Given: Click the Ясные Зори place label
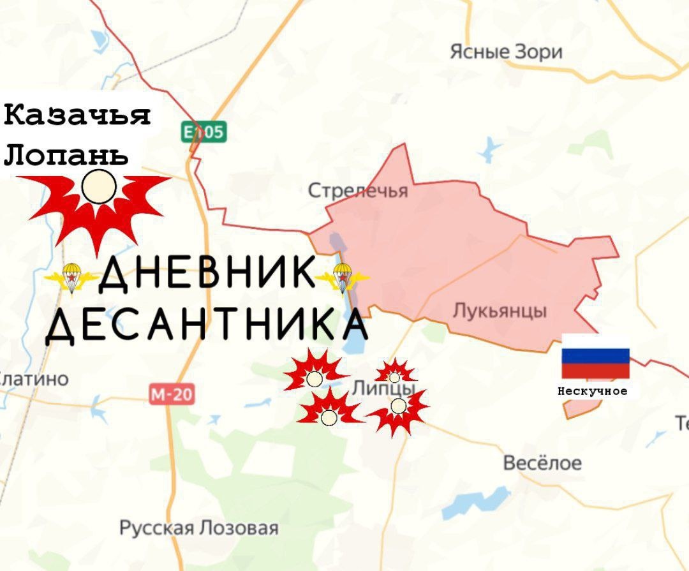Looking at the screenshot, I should pyautogui.click(x=506, y=52).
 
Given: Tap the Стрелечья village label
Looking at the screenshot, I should pyautogui.click(x=357, y=190).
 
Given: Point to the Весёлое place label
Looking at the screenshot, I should pyautogui.click(x=542, y=463).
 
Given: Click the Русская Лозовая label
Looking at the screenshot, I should pyautogui.click(x=199, y=528).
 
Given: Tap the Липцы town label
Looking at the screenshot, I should pyautogui.click(x=384, y=388).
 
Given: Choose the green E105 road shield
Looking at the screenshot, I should pyautogui.click(x=203, y=132).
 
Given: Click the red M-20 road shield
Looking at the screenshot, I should pyautogui.click(x=172, y=394).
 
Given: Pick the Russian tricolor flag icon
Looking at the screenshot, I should pyautogui.click(x=595, y=363).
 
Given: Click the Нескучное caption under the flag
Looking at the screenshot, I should pyautogui.click(x=593, y=391).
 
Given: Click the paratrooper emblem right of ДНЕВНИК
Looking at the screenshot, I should pyautogui.click(x=343, y=278).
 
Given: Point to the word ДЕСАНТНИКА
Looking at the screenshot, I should pyautogui.click(x=207, y=325).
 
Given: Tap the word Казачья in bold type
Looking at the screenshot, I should pyautogui.click(x=77, y=116).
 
